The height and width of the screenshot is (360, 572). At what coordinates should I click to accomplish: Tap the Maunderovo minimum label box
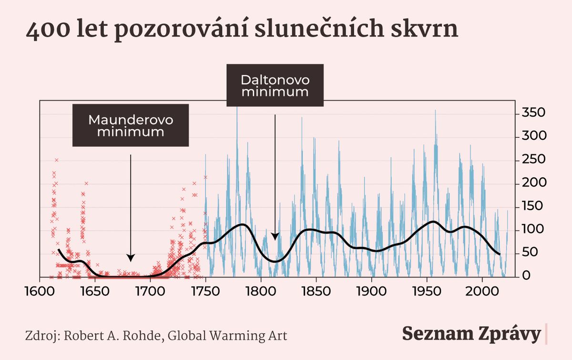point(131,125)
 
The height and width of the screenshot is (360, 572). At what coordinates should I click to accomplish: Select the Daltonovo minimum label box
point(275,85)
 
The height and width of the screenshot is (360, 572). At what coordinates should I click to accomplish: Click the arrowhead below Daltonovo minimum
point(275,236)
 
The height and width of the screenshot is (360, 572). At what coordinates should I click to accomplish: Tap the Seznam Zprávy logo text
point(471,334)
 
